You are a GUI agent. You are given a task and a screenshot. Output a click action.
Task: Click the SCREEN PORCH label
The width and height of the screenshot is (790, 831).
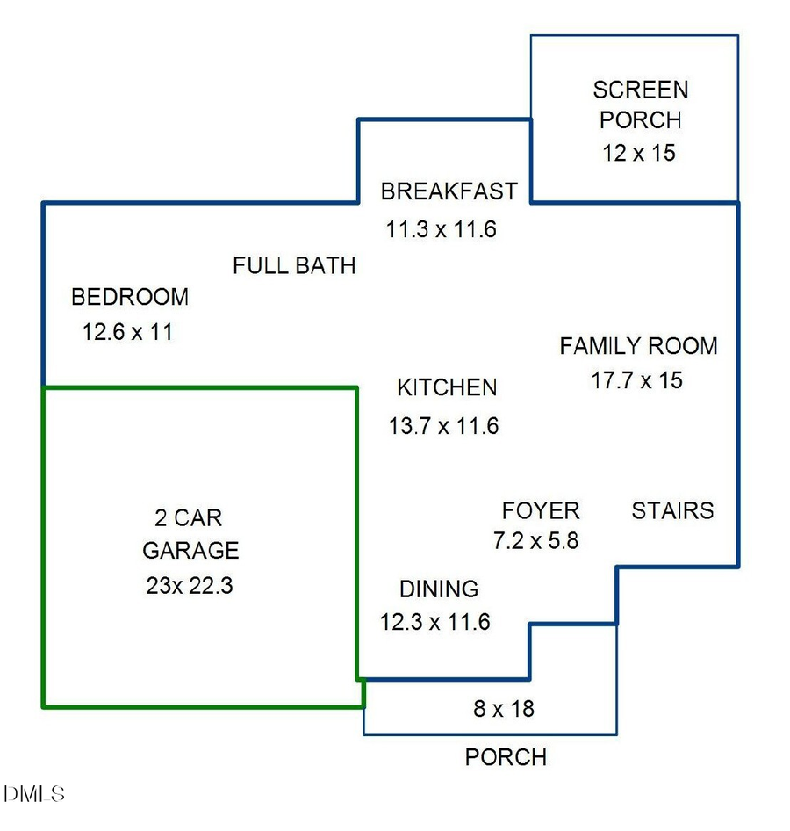pyautogui.click(x=640, y=105)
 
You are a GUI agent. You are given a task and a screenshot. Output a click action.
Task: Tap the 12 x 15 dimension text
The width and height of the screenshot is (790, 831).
pyautogui.click(x=639, y=153)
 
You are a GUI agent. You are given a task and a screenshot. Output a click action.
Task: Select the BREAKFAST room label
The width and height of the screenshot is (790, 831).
pyautogui.click(x=449, y=191)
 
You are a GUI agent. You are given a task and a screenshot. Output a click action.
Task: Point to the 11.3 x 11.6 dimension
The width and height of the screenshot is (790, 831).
pyautogui.click(x=442, y=230)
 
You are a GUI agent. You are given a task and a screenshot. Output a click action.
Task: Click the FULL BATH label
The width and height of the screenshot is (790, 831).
pyautogui.click(x=294, y=265)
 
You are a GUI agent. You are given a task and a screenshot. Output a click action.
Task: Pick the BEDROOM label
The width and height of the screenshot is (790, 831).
pyautogui.click(x=130, y=297)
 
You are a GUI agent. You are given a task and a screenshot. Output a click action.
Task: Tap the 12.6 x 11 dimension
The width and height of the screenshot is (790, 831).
pyautogui.click(x=127, y=333)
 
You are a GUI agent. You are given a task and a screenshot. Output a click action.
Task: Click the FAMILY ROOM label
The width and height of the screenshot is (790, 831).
pyautogui.click(x=638, y=346)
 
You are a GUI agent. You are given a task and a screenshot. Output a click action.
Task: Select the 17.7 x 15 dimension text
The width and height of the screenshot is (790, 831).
pyautogui.click(x=637, y=380)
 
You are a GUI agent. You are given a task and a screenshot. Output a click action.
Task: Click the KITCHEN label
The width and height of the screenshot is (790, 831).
pyautogui.click(x=447, y=387)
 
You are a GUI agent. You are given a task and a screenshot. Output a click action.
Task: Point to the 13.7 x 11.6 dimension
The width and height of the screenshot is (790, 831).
pyautogui.click(x=443, y=427)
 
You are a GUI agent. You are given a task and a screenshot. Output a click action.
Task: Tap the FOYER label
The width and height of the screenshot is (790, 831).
pyautogui.click(x=541, y=510)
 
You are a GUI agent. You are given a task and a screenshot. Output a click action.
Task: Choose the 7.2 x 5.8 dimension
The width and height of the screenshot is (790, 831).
pyautogui.click(x=535, y=541)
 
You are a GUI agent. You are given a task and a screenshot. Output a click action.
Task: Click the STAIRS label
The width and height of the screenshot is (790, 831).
pyautogui.click(x=672, y=510)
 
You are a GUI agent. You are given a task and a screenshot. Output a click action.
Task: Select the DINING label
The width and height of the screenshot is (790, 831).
pyautogui.click(x=439, y=589)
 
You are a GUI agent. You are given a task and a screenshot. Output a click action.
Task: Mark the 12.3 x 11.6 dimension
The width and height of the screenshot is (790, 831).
pyautogui.click(x=434, y=623)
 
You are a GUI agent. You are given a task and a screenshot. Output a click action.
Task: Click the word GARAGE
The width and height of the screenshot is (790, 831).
pyautogui.click(x=190, y=551)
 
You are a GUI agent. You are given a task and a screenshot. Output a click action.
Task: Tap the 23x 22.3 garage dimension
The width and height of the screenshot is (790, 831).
pyautogui.click(x=190, y=586)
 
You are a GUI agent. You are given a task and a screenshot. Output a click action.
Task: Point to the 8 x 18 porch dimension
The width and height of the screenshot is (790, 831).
pyautogui.click(x=504, y=708)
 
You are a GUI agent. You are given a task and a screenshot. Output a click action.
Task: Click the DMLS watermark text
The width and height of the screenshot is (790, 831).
pyautogui.click(x=33, y=795)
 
